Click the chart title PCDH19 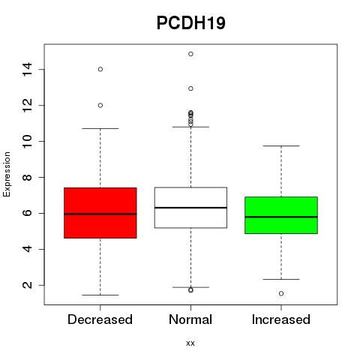pos(191,22)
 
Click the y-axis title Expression pos(7,174)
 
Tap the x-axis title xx pos(190,343)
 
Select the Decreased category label pos(100,319)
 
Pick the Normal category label pos(190,319)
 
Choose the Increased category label pos(281,319)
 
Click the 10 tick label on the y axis pos(27,141)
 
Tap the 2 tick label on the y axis pos(27,285)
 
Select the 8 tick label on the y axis pos(27,177)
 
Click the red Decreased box pos(100,213)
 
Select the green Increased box pos(281,215)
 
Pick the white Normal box pos(190,208)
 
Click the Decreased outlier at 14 pos(100,69)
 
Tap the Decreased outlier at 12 pos(100,106)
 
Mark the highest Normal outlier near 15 pos(190,54)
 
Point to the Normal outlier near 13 pos(190,88)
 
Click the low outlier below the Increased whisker pos(281,293)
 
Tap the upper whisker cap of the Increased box pos(281,145)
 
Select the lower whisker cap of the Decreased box pos(100,295)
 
